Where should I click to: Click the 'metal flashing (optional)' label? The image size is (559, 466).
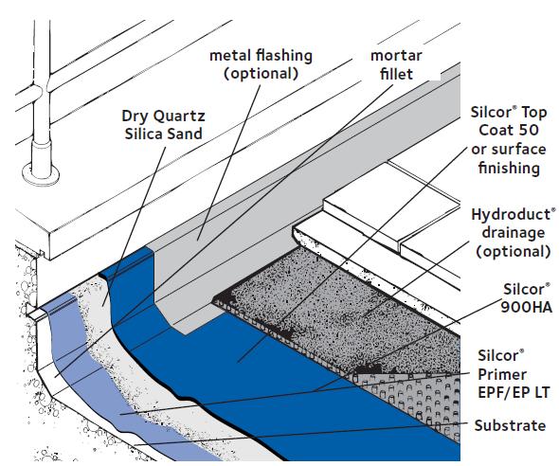261,64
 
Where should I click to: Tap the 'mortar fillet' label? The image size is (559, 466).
396,64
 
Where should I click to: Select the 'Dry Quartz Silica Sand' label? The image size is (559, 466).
163,125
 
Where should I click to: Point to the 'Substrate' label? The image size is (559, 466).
510,425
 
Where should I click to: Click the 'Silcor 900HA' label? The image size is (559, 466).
527,297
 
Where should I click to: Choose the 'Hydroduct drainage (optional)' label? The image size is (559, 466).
514,233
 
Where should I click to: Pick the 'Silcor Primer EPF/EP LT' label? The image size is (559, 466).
513,374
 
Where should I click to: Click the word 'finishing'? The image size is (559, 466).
509,168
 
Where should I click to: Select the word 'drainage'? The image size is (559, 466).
514,233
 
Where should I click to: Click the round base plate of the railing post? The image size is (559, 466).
41,175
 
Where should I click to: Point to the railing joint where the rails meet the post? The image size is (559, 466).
42,90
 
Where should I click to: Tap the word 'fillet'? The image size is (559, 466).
396,74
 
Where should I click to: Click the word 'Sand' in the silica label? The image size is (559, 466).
186,134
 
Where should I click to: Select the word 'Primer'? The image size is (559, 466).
502,375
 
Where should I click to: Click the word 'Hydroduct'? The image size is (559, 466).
512,215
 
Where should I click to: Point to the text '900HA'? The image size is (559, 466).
527,307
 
